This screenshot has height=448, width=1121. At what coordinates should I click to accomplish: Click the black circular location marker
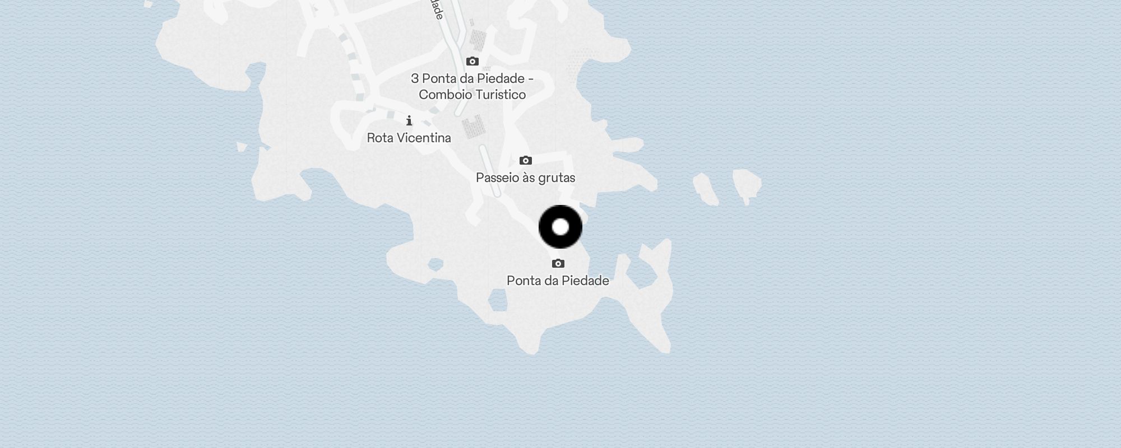560,227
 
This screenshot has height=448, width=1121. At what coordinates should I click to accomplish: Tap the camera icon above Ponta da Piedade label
558,263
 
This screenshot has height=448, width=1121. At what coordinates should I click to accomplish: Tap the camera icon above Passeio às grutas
525,160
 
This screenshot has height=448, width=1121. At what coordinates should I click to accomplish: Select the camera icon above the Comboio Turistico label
473,61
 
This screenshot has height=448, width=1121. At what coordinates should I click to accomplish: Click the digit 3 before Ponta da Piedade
415,78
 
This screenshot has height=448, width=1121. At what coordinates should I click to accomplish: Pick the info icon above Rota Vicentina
409,120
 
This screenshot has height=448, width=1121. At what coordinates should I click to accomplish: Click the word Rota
380,138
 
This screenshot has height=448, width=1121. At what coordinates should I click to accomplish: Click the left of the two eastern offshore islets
705,188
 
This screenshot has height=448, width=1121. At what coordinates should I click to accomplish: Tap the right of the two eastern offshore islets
747,184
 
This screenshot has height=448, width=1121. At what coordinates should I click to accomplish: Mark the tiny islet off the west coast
242,147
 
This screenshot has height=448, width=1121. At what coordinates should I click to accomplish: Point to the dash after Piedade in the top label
530,79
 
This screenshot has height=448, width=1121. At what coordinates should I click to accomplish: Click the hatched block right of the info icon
473,127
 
